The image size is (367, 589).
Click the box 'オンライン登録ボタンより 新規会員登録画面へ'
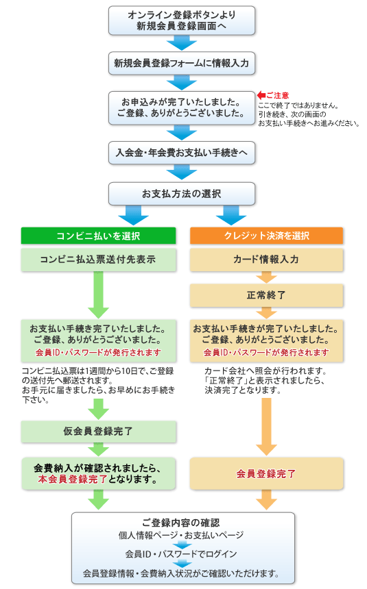(181, 21)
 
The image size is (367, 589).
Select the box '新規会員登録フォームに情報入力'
(181, 63)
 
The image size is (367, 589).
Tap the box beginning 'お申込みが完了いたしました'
(181, 108)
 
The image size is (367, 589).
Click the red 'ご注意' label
(278, 95)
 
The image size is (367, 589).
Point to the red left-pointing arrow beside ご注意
(261, 95)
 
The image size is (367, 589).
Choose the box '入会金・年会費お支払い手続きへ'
(181, 153)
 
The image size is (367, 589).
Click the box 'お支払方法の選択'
(181, 194)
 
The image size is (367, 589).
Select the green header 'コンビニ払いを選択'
(98, 236)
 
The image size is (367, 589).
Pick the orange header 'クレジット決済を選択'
(266, 236)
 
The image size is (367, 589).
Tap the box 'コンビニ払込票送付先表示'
(98, 260)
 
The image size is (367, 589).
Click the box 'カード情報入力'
(266, 260)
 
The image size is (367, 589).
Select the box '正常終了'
(266, 295)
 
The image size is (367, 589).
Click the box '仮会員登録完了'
(98, 431)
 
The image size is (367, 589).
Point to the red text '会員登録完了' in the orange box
(266, 474)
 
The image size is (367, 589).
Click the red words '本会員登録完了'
(73, 479)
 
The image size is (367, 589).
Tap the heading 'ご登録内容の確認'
(181, 523)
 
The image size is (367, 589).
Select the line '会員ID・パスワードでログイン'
(181, 554)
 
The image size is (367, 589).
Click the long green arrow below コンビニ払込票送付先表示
(98, 295)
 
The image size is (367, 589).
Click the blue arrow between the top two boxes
(181, 43)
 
